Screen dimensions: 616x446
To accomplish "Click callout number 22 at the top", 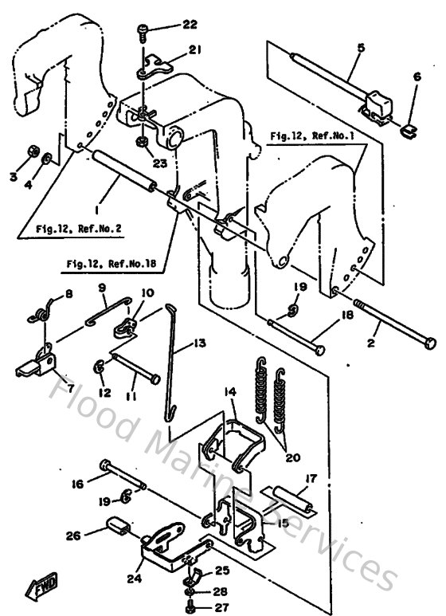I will tap(189, 25).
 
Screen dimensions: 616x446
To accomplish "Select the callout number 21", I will tap(194, 51).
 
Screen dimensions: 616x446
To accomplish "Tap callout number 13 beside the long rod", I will tap(198, 343).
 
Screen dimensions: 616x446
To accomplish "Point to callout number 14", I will tap(229, 392).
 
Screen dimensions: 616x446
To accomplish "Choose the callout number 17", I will tap(310, 480).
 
